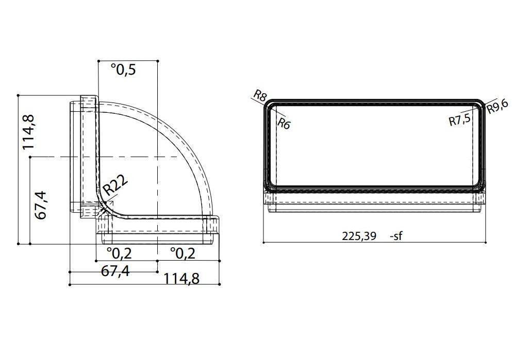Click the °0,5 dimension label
pyautogui.click(x=123, y=69)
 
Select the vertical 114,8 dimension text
pyautogui.click(x=28, y=132)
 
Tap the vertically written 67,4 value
pyautogui.click(x=41, y=205)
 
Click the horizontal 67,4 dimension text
pyautogui.click(x=115, y=271)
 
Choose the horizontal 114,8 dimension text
pyautogui.click(x=181, y=279)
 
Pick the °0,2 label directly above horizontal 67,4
pyautogui.click(x=120, y=253)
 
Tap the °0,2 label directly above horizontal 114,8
pyautogui.click(x=183, y=253)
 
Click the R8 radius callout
pyautogui.click(x=260, y=96)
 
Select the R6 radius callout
pyautogui.click(x=284, y=124)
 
